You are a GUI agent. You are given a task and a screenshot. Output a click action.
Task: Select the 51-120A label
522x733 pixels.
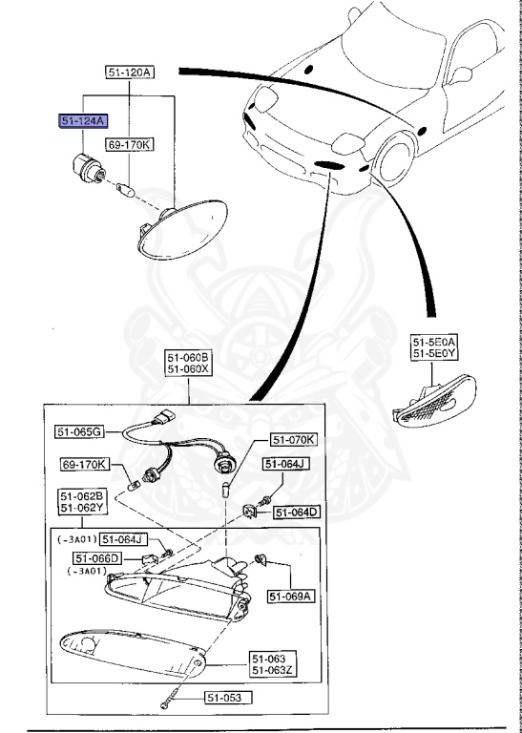click(x=129, y=73)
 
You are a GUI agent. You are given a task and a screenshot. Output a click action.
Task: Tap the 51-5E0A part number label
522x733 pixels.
click(x=434, y=341)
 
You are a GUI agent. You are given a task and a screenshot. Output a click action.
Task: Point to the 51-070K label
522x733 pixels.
click(x=296, y=440)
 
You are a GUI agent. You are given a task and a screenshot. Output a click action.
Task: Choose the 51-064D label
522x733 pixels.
click(x=297, y=513)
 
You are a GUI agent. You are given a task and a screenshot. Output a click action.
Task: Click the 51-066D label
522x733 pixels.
click(x=97, y=558)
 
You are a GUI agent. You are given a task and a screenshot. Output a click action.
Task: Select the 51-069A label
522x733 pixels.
click(x=289, y=597)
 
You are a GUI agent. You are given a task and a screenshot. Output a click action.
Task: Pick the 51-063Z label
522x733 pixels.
click(x=274, y=672)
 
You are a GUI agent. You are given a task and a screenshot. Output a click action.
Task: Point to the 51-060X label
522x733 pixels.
click(x=188, y=369)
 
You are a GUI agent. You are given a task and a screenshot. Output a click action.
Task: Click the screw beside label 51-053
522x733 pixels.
click(x=171, y=702)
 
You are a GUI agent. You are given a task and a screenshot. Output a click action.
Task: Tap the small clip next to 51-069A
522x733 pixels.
click(x=259, y=556)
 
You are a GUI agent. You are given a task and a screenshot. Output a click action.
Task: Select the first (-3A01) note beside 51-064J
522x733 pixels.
click(x=76, y=538)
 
